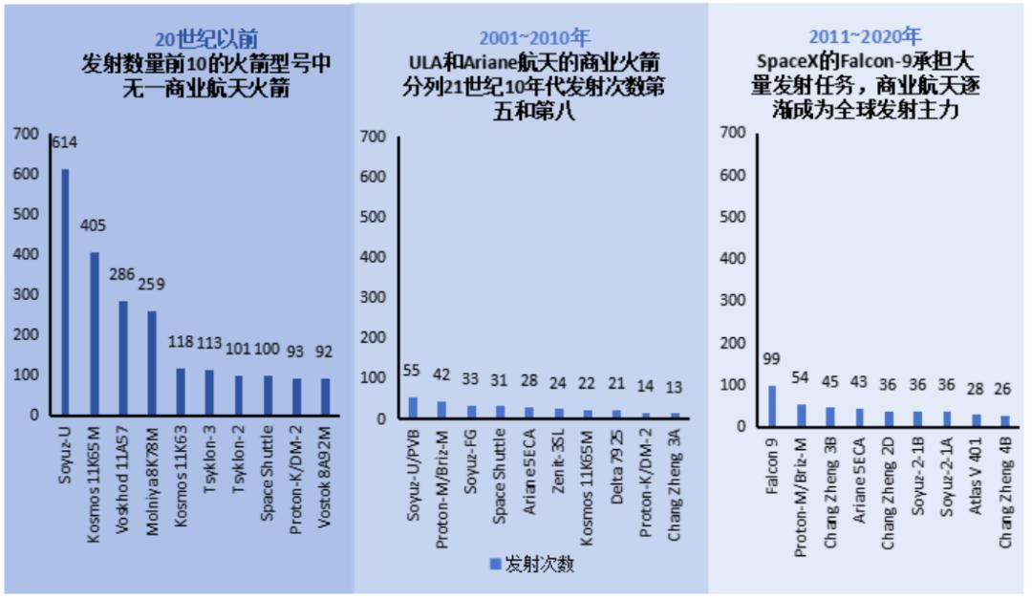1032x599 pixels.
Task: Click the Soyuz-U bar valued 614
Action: coord(66,291)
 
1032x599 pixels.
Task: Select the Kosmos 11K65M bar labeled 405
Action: coord(95,333)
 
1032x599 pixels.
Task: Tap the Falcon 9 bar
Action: coord(772,406)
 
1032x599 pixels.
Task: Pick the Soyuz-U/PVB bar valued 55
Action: coord(414,408)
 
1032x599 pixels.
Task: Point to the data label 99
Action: coord(772,359)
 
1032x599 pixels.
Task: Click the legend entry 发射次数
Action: coord(531,564)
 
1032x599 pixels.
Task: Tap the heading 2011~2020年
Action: coord(865,37)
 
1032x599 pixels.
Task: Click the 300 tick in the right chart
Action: coord(732,300)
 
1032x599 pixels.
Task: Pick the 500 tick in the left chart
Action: coord(26,214)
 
